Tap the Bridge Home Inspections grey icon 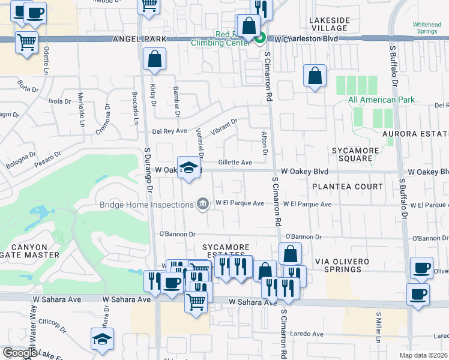pos(203,205)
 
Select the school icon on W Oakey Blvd pos(188,167)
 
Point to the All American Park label pos(381,100)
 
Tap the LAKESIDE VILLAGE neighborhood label pos(329,24)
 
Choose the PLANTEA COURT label pos(347,187)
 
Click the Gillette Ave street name pos(235,162)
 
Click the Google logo pos(20,353)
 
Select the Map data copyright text pos(423,355)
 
